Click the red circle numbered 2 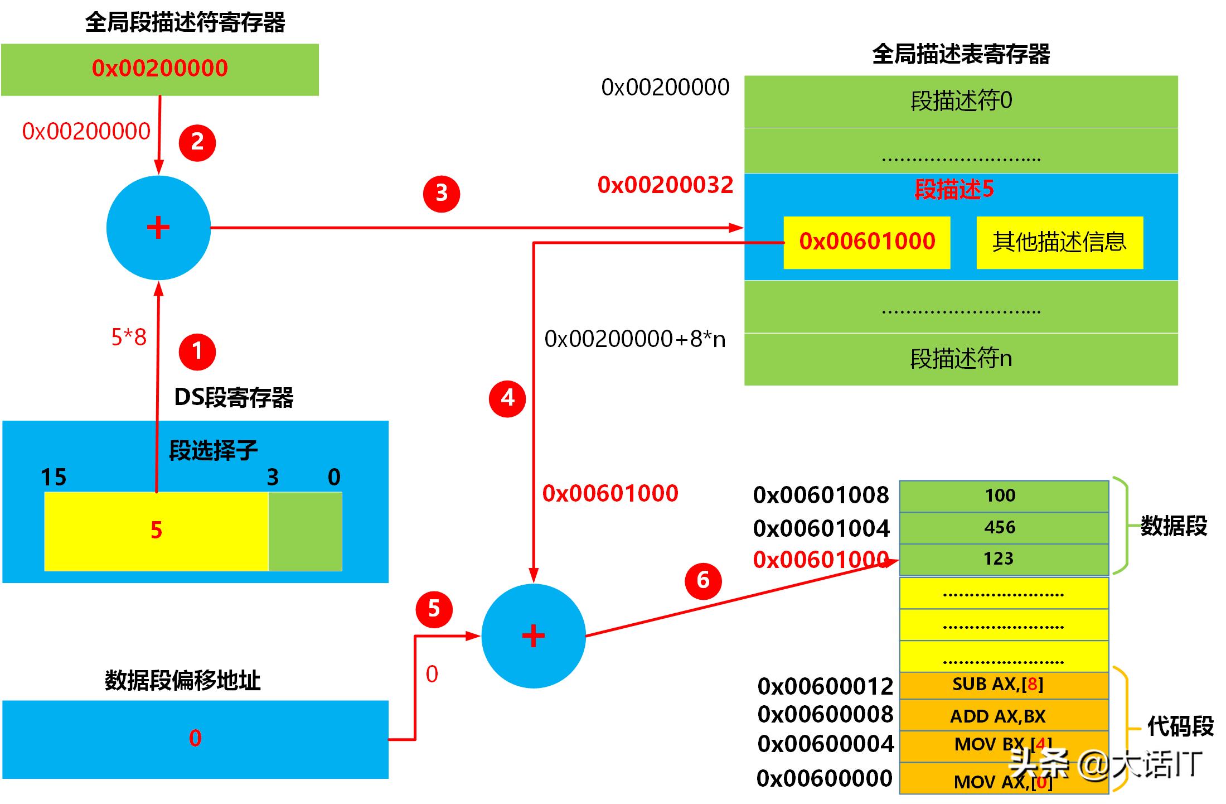pos(197,143)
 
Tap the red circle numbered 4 pos(507,398)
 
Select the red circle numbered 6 pos(703,581)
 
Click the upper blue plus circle pos(158,228)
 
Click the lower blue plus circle pos(533,636)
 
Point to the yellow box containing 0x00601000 pos(866,242)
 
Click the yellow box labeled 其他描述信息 pos(1059,242)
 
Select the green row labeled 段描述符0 pos(961,102)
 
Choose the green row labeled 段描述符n pos(961,359)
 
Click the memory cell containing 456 pos(1004,528)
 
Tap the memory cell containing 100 pos(1004,496)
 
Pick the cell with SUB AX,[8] pos(1004,685)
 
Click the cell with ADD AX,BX pos(1004,716)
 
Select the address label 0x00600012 pos(825,686)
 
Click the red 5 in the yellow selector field pos(156,530)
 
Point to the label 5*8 pos(129,337)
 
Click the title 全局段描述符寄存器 pos(185,23)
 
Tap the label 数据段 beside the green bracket pos(1174,526)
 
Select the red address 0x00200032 pos(665,185)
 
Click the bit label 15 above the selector pos(54,478)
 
